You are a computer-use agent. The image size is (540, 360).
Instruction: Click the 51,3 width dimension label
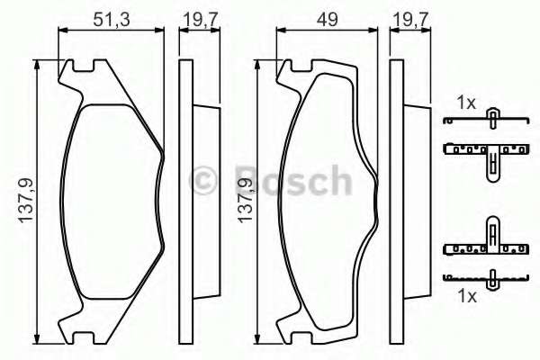tap(110, 14)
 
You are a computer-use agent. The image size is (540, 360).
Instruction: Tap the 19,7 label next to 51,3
tap(192, 14)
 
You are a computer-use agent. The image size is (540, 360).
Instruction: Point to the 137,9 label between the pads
tap(245, 202)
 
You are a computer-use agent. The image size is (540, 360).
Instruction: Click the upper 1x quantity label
tap(466, 103)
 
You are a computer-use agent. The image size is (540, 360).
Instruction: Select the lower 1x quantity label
tap(466, 296)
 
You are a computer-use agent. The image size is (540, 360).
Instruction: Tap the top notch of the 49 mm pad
tap(295, 66)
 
